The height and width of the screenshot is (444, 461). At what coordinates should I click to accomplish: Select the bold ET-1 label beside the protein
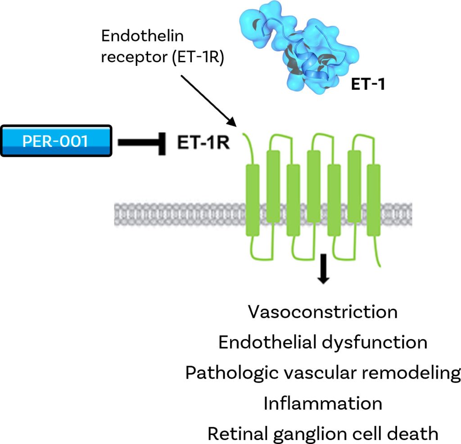click(x=368, y=84)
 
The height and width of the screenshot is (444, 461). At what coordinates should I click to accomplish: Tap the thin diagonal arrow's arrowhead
click(x=232, y=122)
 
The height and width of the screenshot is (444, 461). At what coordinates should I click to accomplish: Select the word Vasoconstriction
click(x=323, y=312)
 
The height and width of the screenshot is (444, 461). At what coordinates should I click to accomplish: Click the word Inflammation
click(x=323, y=403)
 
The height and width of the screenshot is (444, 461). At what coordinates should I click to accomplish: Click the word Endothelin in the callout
click(x=143, y=37)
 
